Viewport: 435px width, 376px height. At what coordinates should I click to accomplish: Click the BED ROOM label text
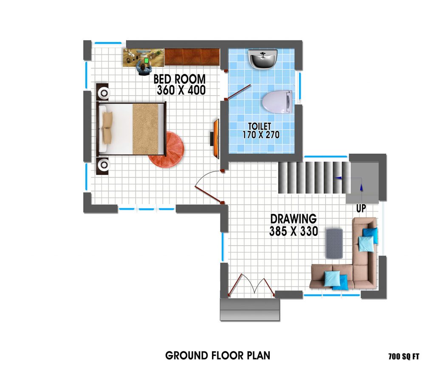pyautogui.click(x=180, y=79)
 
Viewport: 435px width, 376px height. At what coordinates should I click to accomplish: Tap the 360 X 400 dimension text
pyautogui.click(x=181, y=90)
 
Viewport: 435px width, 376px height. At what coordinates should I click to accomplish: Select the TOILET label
pyautogui.click(x=260, y=126)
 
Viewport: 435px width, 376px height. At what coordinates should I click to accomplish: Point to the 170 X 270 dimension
pyautogui.click(x=261, y=135)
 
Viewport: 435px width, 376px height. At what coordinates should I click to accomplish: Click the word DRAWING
pyautogui.click(x=294, y=219)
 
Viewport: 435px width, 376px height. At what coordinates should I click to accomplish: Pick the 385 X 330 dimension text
pyautogui.click(x=294, y=231)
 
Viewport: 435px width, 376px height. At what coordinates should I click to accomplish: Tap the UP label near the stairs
pyautogui.click(x=361, y=208)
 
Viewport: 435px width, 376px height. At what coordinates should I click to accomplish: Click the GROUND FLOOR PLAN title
pyautogui.click(x=218, y=356)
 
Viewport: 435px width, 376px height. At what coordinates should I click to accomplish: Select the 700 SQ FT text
pyautogui.click(x=404, y=356)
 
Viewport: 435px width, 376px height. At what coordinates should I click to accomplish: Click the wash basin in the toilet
pyautogui.click(x=263, y=59)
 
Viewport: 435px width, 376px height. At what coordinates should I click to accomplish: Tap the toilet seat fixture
pyautogui.click(x=277, y=102)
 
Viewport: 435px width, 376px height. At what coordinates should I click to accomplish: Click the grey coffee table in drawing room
pyautogui.click(x=334, y=243)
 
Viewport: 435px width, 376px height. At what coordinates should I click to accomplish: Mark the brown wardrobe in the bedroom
pyautogui.click(x=192, y=57)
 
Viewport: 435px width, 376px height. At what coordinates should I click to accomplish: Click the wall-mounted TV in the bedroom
pyautogui.click(x=215, y=139)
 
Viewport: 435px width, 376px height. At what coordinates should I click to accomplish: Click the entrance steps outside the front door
pyautogui.click(x=250, y=310)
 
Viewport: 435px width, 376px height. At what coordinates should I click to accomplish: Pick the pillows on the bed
pyautogui.click(x=107, y=127)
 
